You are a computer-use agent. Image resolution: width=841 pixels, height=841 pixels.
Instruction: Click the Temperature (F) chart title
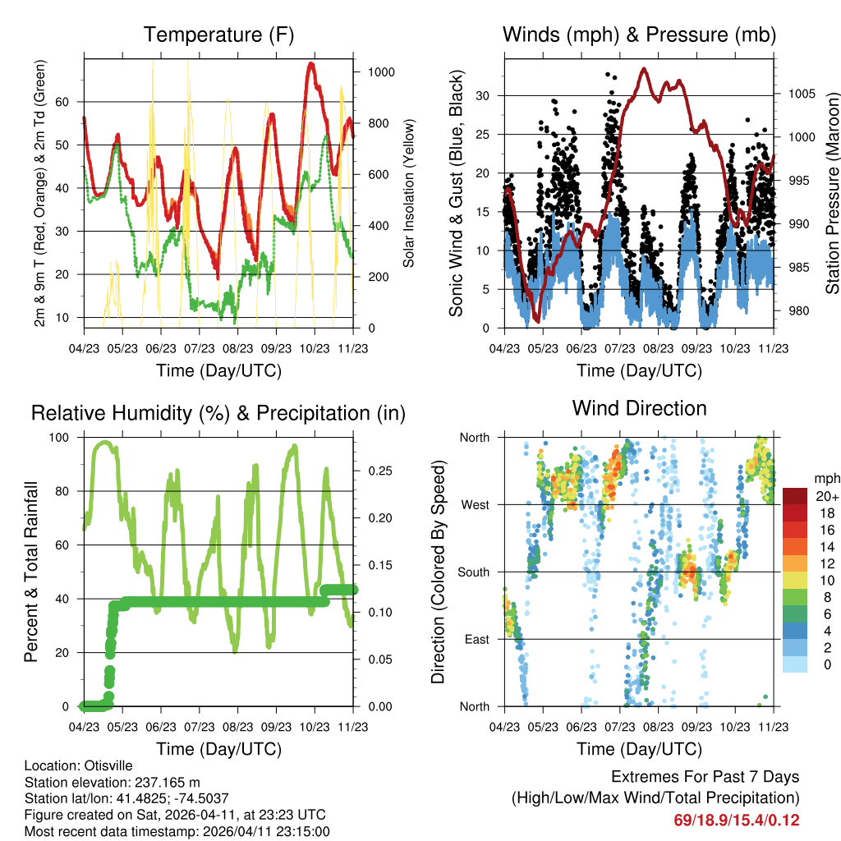click(x=218, y=35)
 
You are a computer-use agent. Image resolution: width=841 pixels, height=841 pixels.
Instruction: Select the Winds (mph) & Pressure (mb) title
click(x=639, y=35)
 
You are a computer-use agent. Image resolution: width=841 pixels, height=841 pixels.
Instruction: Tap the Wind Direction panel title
click(x=639, y=408)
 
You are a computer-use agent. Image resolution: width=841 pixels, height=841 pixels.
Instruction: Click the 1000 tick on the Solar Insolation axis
click(x=381, y=72)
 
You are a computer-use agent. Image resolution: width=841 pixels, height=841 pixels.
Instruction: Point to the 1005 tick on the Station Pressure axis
click(x=800, y=94)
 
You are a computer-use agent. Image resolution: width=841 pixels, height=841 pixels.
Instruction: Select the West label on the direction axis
click(x=475, y=505)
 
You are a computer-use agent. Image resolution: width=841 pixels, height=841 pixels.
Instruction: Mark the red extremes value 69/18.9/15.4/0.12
click(x=737, y=820)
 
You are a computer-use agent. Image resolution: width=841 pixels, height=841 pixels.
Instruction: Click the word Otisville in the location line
click(x=104, y=766)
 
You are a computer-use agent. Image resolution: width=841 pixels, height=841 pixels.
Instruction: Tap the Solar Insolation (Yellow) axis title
click(x=409, y=193)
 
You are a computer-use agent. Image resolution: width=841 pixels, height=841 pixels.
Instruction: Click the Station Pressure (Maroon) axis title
click(x=832, y=193)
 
